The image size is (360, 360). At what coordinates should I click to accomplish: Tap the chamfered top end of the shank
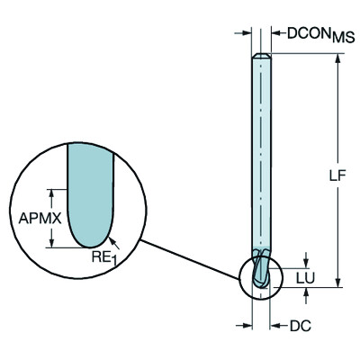click(261, 58)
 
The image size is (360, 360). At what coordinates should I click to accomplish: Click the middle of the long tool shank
click(261, 162)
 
